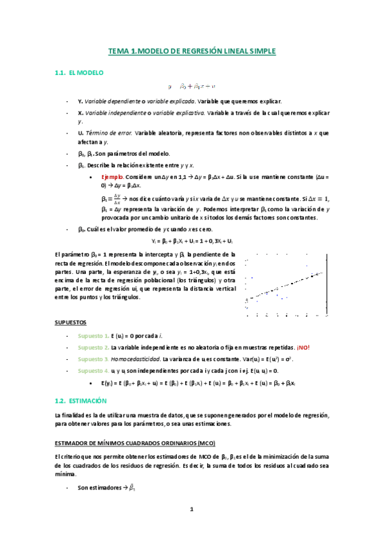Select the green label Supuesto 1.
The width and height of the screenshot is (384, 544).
(94, 336)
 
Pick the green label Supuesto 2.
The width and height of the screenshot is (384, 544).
(94, 348)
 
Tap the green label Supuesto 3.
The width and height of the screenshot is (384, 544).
(94, 359)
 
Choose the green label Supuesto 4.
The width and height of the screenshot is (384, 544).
(94, 371)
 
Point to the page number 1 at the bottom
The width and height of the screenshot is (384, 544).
(191, 510)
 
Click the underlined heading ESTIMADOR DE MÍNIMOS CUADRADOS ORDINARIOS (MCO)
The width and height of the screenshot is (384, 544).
(135, 443)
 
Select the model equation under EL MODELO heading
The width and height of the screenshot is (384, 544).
(192, 86)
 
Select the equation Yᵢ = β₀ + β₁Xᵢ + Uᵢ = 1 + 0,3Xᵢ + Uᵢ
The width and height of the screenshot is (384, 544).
(192, 241)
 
